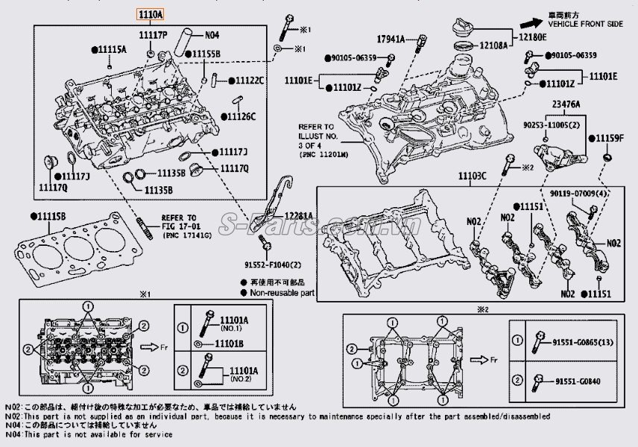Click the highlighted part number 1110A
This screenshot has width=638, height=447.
tap(148, 14)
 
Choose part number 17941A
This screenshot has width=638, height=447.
tap(391, 38)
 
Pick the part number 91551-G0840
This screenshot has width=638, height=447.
tap(579, 382)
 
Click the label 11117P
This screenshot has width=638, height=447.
tap(153, 34)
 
